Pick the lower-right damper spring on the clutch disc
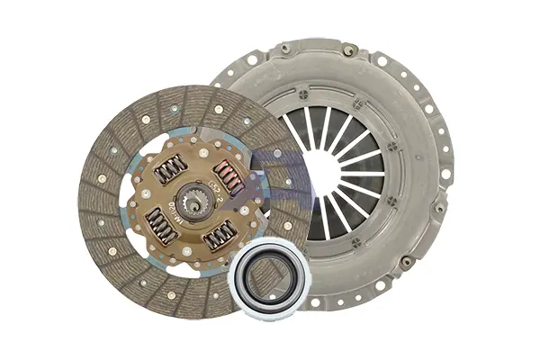[219, 235]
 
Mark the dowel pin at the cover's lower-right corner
[407, 262]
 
